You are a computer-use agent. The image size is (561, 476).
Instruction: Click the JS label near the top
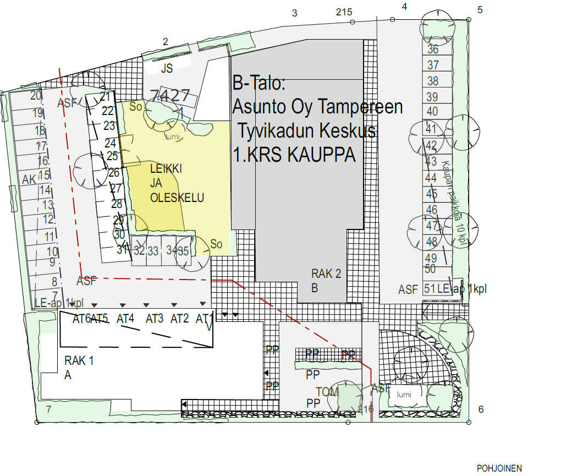167,69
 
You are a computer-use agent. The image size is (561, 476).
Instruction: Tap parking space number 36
433,50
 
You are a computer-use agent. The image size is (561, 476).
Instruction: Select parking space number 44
431,178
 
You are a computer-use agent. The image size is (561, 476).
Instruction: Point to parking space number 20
36,95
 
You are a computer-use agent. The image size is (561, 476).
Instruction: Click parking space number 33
153,251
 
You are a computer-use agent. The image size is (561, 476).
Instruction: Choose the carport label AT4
125,318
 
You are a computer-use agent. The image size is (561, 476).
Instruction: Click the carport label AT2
179,318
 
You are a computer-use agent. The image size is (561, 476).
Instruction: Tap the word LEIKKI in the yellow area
166,169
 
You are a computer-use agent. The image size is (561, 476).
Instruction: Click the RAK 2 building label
326,273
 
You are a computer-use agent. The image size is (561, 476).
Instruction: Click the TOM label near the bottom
327,392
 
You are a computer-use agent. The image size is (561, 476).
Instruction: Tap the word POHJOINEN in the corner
499,468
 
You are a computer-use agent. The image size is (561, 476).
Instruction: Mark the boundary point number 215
343,13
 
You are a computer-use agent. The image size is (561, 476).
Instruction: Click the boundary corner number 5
480,10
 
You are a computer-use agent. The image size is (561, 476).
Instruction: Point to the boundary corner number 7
48,409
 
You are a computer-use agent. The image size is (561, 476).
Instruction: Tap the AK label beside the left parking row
29,179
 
